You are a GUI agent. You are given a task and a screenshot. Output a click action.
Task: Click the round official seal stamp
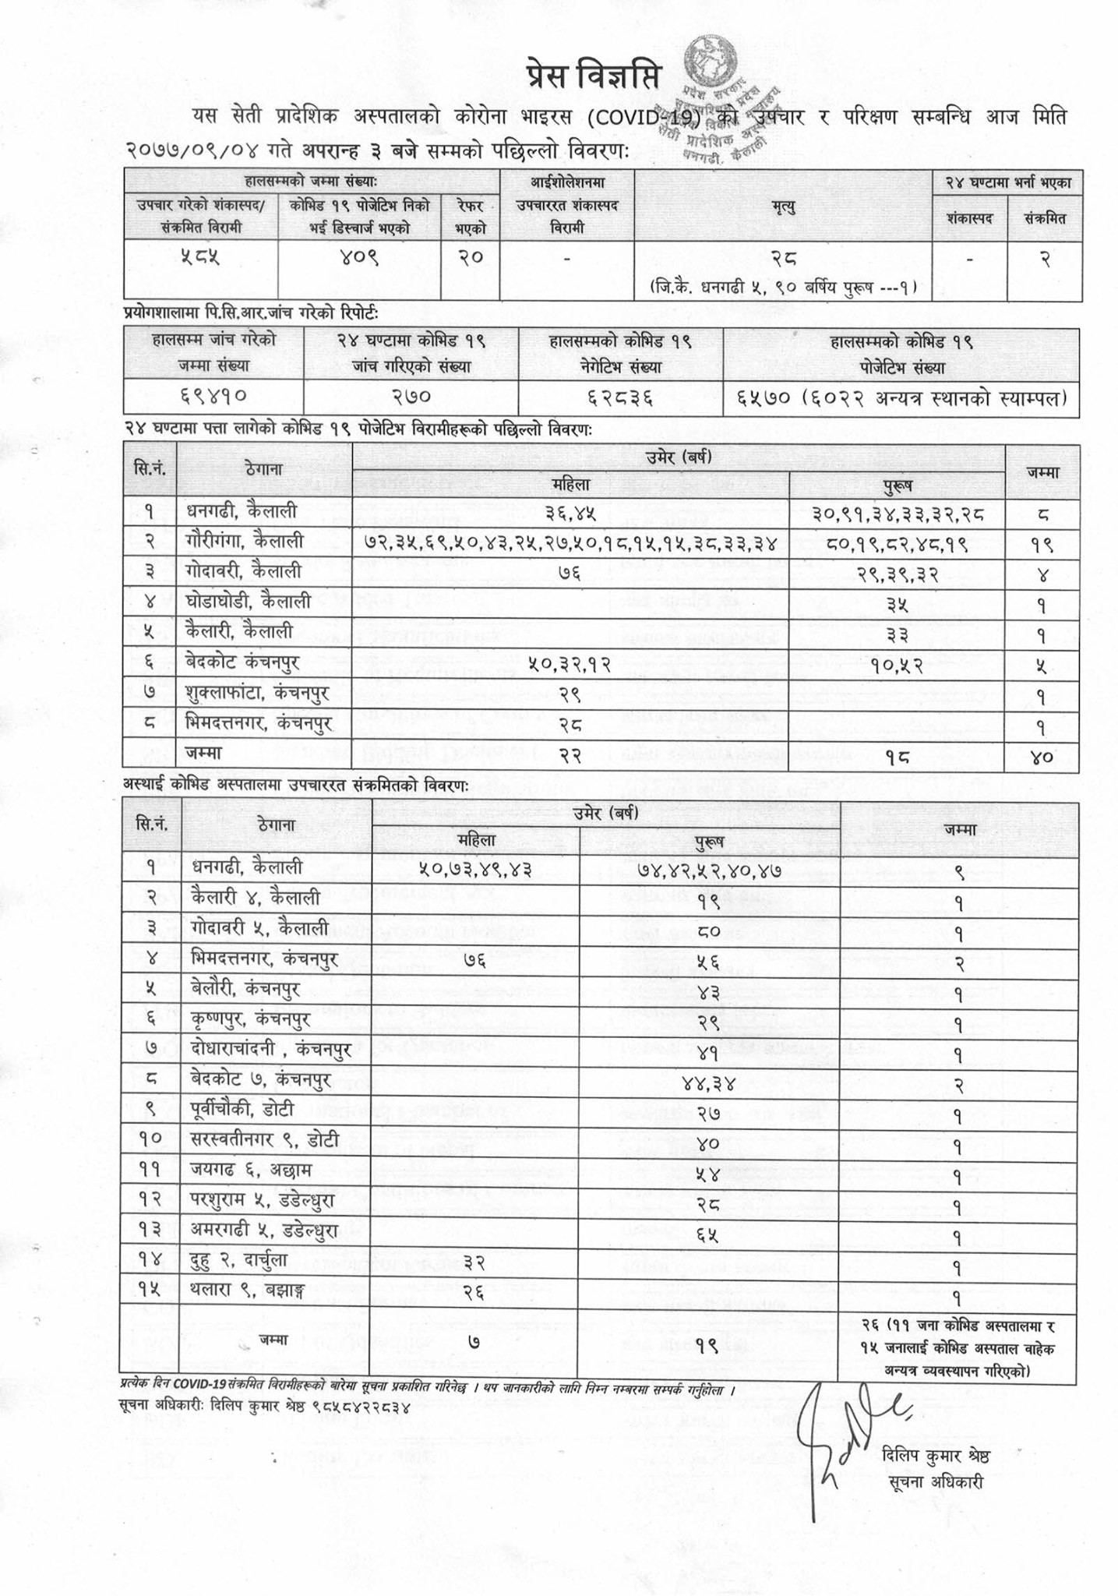pos(710,63)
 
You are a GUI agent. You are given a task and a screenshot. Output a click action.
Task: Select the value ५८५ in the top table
pos(199,256)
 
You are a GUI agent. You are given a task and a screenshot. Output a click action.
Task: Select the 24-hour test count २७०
pos(411,397)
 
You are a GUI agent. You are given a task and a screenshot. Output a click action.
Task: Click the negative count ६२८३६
pos(620,397)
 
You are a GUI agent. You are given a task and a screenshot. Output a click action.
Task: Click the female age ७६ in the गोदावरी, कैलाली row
pos(570,572)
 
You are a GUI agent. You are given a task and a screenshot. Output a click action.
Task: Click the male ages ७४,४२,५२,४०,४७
pos(708,868)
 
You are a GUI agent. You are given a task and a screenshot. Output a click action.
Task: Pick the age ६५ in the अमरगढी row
pos(707,1235)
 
